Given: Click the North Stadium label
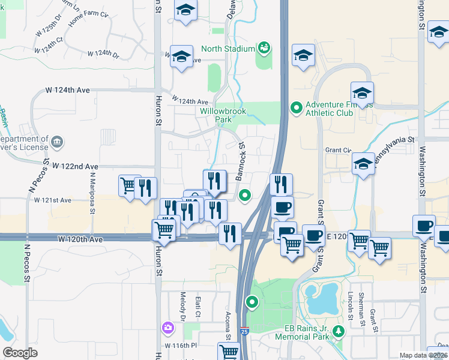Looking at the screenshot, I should (x=228, y=49).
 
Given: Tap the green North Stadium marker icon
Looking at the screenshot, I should (x=263, y=47).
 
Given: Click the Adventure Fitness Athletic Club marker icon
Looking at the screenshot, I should (x=295, y=108).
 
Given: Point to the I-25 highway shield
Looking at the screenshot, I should (x=243, y=331).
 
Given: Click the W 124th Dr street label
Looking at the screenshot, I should (x=103, y=53).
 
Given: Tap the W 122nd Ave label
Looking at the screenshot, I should (x=75, y=166).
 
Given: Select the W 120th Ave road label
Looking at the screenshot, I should (x=80, y=239).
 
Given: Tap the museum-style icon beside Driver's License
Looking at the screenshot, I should (x=57, y=142).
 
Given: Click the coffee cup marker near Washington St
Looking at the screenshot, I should (x=424, y=226).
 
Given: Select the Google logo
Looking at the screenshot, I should (x=20, y=353).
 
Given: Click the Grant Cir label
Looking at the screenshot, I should (x=337, y=150).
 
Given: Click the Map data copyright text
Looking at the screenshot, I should (x=423, y=355).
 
